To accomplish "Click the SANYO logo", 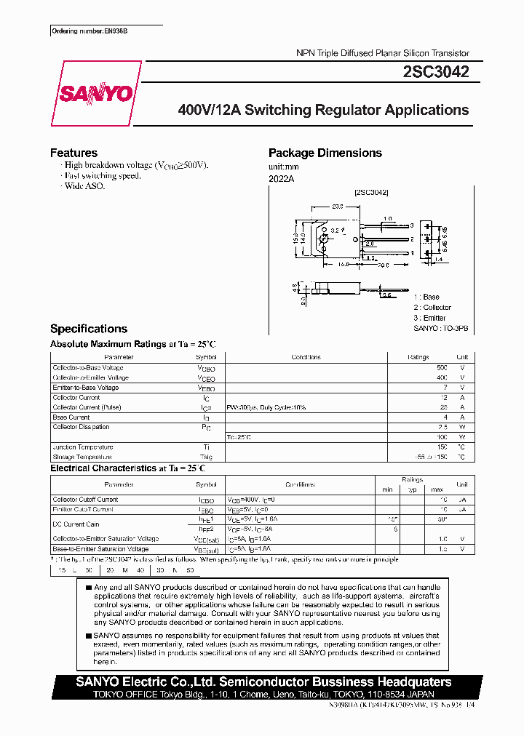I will pos(95,94).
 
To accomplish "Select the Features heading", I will pos(74,153).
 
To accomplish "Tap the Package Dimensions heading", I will pos(325,153).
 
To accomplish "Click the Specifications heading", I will pos(88,329).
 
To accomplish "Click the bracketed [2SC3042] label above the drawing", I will pos(371,192).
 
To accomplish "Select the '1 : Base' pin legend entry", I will pos(426,297).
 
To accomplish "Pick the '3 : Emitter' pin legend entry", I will pos(429,318).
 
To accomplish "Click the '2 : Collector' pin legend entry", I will pos(432,308).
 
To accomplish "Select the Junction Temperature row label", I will pos(82,447).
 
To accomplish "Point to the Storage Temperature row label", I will pos(82,457).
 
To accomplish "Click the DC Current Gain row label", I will pos(76,524).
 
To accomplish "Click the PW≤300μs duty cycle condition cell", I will pos(266,407).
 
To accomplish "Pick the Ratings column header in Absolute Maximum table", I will pos(418,357).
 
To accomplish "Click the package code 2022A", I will pos(281,178).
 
